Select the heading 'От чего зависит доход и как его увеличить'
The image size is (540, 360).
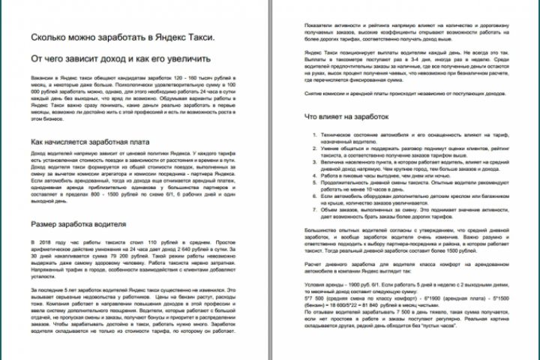click(120, 58)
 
